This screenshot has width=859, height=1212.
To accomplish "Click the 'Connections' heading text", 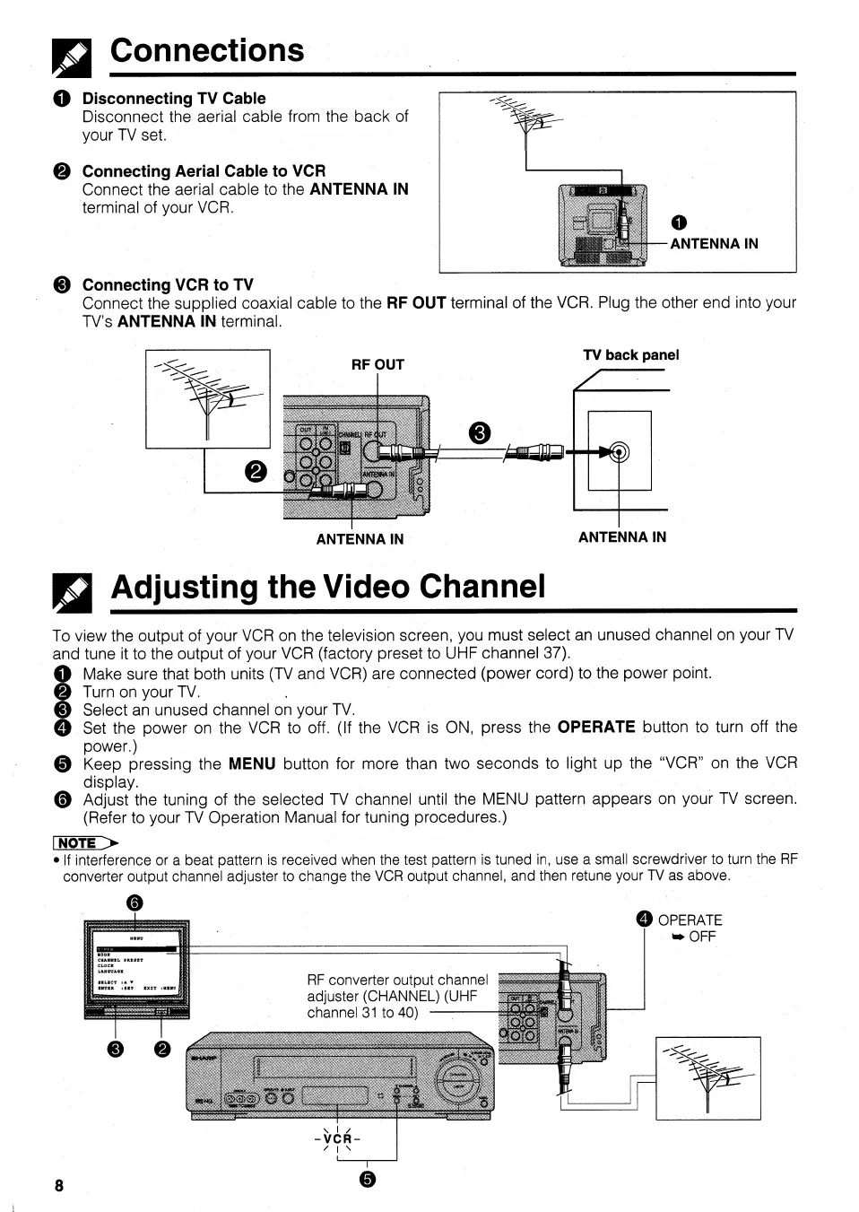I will click(x=207, y=51).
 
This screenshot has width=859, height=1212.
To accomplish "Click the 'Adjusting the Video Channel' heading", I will click(x=327, y=587).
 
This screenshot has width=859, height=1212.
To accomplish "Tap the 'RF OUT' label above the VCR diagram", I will click(x=377, y=364).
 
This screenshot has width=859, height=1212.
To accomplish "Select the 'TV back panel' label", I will click(x=631, y=355).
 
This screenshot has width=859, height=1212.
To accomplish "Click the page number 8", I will click(x=59, y=1185).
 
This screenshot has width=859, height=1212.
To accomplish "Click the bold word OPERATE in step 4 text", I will click(x=596, y=727).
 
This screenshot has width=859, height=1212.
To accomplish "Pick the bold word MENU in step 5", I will click(x=251, y=763).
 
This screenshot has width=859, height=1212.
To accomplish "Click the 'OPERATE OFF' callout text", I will click(x=688, y=928).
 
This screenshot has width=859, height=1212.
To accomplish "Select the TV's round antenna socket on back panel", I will click(x=620, y=452).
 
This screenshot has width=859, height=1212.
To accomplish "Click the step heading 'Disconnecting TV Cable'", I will click(x=174, y=99).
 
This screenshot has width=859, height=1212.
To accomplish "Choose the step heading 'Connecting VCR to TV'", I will click(x=168, y=285).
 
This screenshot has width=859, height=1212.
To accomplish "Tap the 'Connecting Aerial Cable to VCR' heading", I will click(x=204, y=171).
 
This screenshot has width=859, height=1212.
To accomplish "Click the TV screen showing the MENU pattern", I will click(x=136, y=967).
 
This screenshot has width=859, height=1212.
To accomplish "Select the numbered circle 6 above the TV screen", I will click(x=134, y=903).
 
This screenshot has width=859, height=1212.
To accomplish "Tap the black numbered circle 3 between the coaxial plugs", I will click(x=480, y=433).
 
